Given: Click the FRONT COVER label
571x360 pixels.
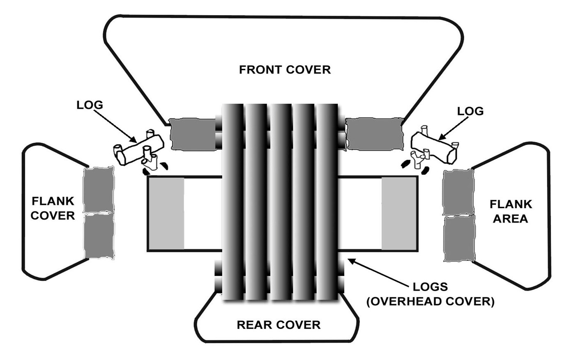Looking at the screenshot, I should click(x=285, y=69).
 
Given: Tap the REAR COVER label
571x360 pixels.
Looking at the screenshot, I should click(x=279, y=325).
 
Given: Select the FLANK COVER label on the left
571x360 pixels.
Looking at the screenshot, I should click(x=53, y=208).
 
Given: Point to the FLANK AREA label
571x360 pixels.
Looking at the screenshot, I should click(x=511, y=211).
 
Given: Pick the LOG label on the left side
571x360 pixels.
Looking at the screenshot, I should click(x=90, y=105).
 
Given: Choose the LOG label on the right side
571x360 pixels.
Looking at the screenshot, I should click(x=470, y=111).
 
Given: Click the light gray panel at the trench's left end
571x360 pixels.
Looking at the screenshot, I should click(x=166, y=213).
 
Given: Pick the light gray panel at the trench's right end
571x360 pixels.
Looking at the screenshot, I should click(x=396, y=213).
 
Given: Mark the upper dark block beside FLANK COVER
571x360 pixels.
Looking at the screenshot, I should click(x=98, y=189).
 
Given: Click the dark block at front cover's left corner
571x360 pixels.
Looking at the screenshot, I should click(x=192, y=134).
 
